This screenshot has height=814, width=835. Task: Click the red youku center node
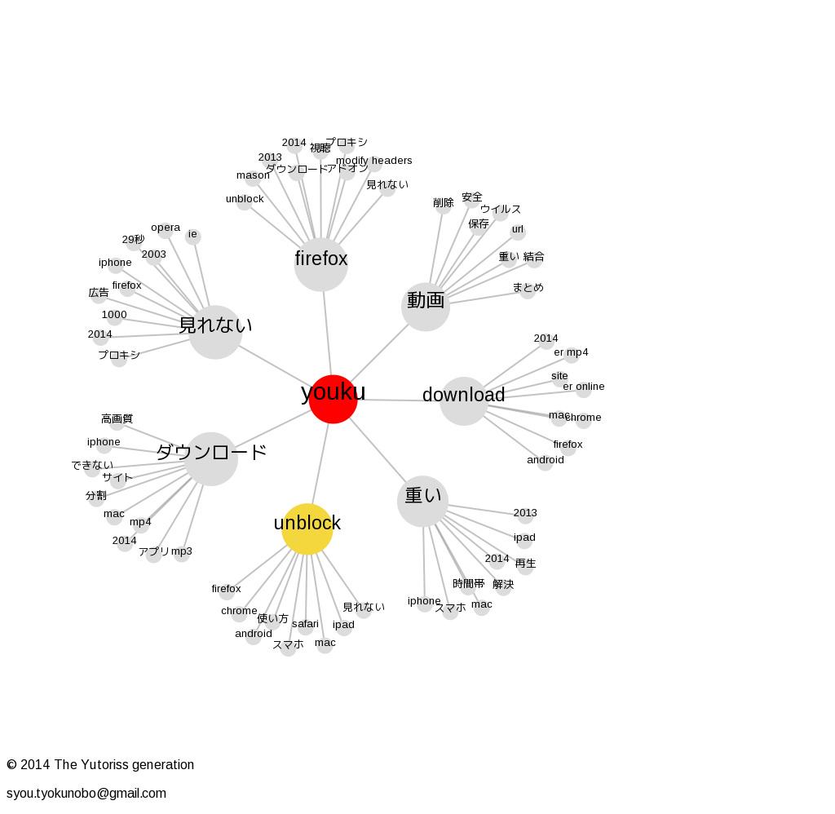333,399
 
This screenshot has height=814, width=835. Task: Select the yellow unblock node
307,529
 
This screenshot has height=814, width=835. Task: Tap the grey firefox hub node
321,264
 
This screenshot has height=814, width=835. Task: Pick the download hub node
464,400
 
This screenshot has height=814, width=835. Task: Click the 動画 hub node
426,306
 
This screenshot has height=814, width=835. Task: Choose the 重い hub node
423,501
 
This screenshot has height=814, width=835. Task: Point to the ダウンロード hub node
211,458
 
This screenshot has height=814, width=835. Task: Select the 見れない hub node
215,331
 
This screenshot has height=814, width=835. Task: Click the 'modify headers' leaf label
373,161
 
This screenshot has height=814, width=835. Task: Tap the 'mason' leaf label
253,175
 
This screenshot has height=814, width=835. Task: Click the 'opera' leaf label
166,228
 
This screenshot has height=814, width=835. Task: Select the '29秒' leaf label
133,240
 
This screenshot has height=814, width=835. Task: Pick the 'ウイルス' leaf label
500,209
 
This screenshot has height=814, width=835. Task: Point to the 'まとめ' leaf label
528,287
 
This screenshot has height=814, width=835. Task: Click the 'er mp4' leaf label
571,352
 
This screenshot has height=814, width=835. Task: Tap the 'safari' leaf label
305,624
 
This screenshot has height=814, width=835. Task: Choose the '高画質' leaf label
117,419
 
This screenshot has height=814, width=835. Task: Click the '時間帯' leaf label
468,584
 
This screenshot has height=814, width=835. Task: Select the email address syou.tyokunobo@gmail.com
86,793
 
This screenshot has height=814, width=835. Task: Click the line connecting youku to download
400,400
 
